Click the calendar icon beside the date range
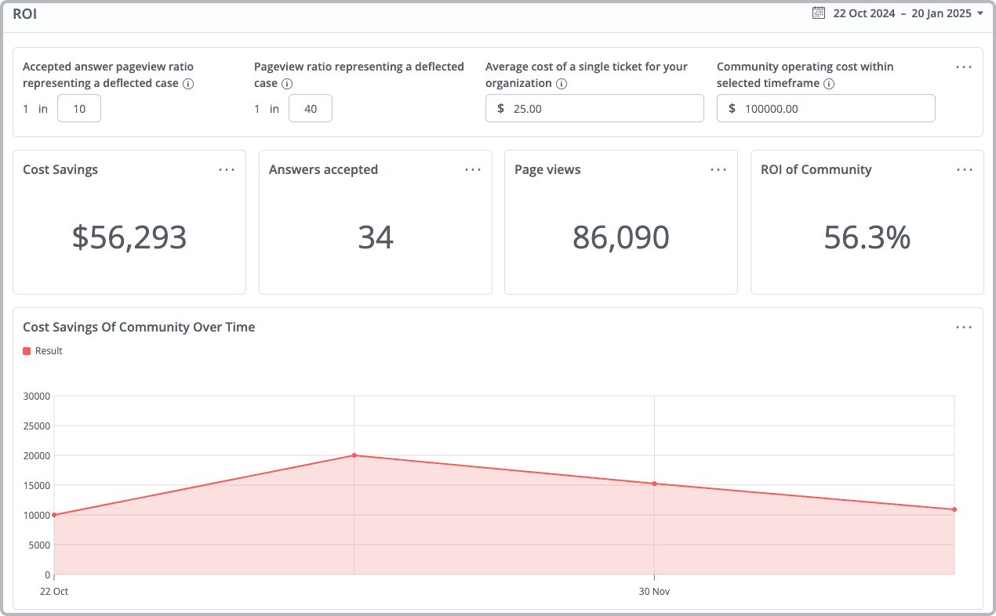coord(819,13)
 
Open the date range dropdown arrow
coord(980,13)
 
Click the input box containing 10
coord(79,109)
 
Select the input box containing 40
coord(311,109)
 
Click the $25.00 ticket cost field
coord(594,109)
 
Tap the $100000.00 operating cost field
coord(826,109)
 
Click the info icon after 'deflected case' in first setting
coord(188,84)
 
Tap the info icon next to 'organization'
coord(562,84)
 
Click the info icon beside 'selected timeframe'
coord(829,84)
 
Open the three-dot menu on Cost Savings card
coord(227,169)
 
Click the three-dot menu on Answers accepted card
coord(473,169)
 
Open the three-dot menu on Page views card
coord(718,169)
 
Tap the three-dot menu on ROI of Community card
coord(965,169)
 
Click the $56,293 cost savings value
coord(129,237)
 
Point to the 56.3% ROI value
coord(867,237)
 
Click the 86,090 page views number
coord(620,237)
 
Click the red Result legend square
coord(27,351)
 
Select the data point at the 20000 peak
coord(354,455)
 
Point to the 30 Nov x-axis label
coord(654,592)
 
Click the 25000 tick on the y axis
coord(36,426)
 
